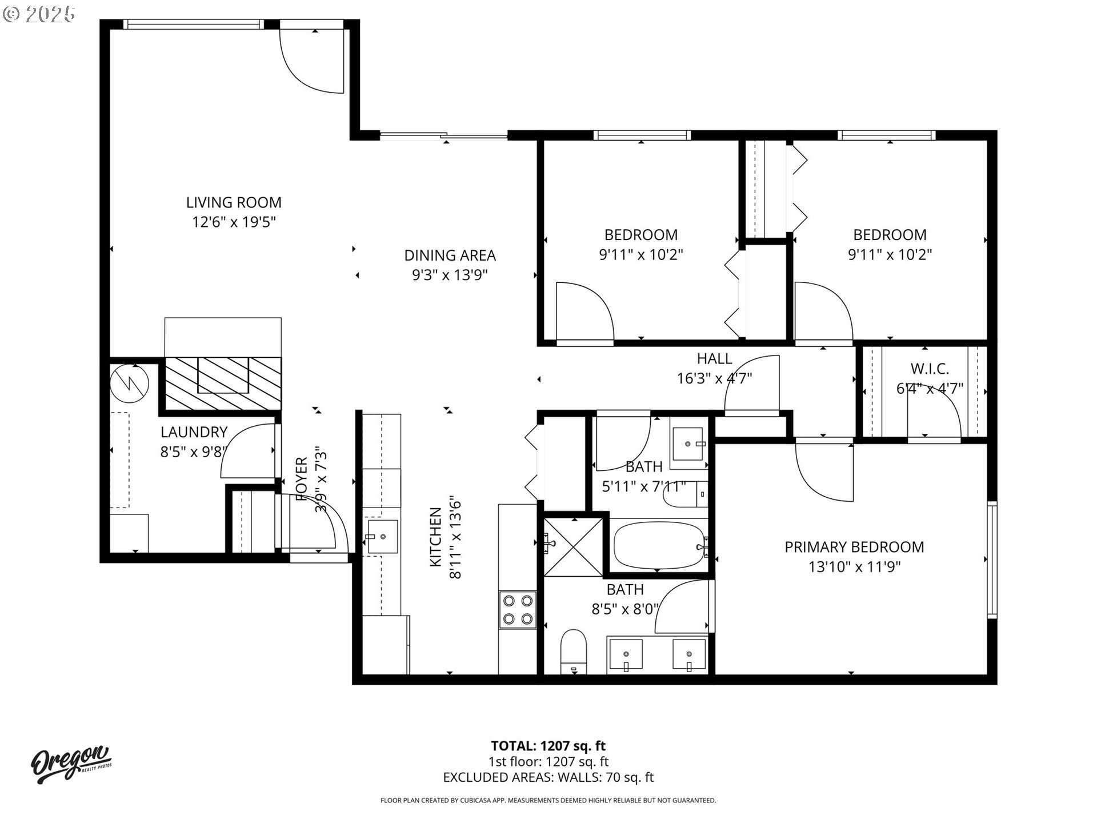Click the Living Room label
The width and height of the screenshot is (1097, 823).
click(234, 202)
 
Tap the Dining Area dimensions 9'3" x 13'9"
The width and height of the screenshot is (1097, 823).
click(450, 275)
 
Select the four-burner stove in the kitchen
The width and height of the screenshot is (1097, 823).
click(518, 610)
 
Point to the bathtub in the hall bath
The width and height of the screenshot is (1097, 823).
click(658, 547)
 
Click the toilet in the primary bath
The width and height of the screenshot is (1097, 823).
click(574, 652)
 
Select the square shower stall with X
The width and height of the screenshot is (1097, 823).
click(573, 547)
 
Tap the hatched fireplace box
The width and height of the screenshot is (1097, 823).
click(223, 383)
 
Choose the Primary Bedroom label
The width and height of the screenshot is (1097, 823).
click(854, 547)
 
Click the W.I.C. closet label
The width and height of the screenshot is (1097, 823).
click(930, 369)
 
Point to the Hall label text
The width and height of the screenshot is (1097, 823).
click(714, 359)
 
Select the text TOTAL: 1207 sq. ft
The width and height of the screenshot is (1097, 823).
click(548, 746)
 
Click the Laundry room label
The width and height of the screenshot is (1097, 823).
click(194, 432)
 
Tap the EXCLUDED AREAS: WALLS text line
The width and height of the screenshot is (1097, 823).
click(548, 777)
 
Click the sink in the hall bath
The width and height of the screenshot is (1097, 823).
click(688, 444)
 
